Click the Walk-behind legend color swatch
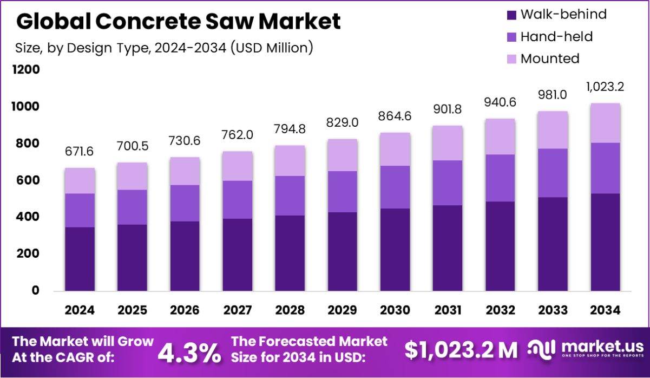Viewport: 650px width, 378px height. click(511, 15)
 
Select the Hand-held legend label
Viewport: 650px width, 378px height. click(556, 37)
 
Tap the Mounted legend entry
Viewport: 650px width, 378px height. click(549, 58)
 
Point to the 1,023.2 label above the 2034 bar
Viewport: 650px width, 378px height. click(605, 87)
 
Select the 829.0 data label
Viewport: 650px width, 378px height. click(343, 123)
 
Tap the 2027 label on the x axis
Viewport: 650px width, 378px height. click(238, 310)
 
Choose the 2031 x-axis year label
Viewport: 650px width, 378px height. click(448, 310)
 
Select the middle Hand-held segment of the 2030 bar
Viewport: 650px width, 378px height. click(395, 187)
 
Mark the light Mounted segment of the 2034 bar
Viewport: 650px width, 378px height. click(605, 123)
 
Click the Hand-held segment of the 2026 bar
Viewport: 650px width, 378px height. click(185, 203)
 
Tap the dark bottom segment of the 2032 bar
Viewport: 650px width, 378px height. click(500, 246)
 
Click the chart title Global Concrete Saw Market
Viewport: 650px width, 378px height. click(179, 22)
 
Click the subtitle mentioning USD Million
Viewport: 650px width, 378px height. click(164, 48)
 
